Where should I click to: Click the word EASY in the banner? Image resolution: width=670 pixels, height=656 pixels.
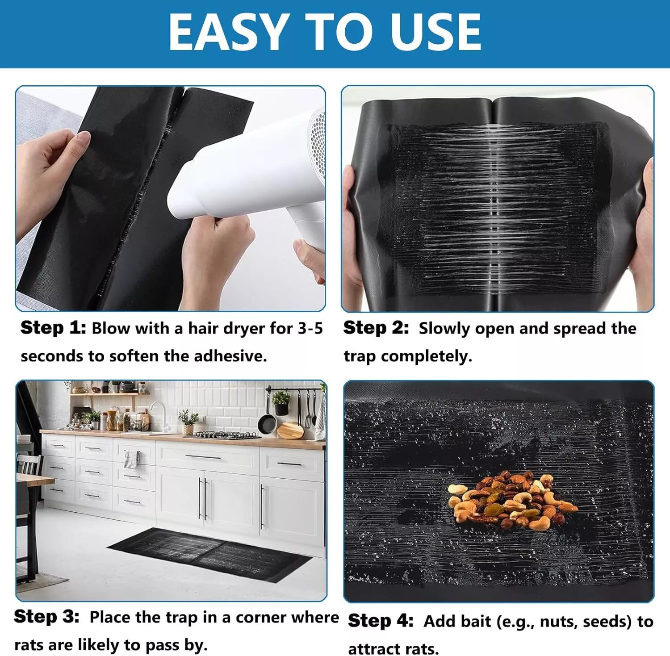[x=228, y=32]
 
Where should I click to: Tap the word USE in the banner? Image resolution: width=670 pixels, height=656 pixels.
[x=435, y=32]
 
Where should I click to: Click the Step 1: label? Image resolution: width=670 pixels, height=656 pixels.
[x=53, y=328]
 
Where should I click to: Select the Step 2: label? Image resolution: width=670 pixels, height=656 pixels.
[x=376, y=328]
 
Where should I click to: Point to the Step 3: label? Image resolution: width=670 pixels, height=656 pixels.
[x=47, y=617]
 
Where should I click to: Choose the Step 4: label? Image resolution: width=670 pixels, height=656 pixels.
[x=381, y=621]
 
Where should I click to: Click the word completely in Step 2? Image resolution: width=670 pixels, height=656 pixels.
[x=426, y=356]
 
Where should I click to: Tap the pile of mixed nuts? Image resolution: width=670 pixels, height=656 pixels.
[x=511, y=502]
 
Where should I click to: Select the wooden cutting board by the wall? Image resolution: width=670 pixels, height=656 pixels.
[x=290, y=431]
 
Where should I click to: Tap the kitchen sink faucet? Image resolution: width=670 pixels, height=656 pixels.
[x=158, y=413]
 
